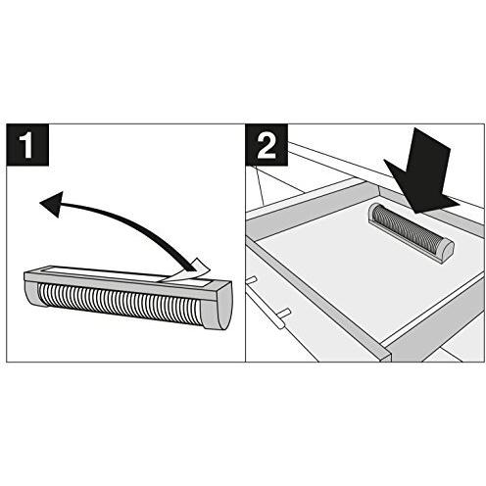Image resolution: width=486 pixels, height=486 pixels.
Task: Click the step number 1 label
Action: pyautogui.click(x=27, y=144)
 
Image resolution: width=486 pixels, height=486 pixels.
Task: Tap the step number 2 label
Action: pyautogui.click(x=267, y=144)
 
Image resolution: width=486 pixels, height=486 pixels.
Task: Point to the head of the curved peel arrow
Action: pyautogui.click(x=51, y=204)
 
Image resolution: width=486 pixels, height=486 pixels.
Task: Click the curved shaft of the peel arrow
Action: pyautogui.click(x=130, y=222)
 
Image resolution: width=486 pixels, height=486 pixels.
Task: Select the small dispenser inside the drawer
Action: pyautogui.click(x=412, y=228)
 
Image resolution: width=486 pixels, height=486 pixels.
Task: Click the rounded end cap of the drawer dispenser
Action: pyautogui.click(x=445, y=248)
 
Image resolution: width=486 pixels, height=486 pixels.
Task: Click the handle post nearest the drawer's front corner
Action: pyautogui.click(x=282, y=316)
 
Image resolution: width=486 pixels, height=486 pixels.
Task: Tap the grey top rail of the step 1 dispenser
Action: pyautogui.click(x=127, y=281)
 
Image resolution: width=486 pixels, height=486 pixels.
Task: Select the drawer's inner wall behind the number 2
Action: pyautogui.click(x=312, y=209)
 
